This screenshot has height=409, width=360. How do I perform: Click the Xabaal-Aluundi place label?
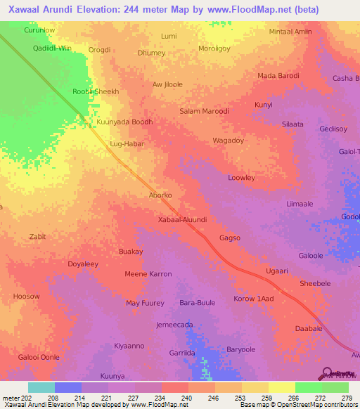click(x=182, y=219)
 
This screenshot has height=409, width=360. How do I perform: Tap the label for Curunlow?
click(x=39, y=31)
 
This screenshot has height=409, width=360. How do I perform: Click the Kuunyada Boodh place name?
click(x=124, y=122)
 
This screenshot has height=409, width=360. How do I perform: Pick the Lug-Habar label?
click(x=127, y=143)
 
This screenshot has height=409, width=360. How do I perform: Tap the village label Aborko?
click(x=160, y=195)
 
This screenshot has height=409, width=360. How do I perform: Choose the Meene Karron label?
click(x=148, y=273)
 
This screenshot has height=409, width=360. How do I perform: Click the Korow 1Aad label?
click(x=253, y=299)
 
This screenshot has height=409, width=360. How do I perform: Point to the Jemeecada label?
click(x=174, y=325)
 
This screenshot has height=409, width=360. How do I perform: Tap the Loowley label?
click(x=241, y=178)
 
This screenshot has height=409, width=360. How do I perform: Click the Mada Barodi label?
click(x=278, y=76)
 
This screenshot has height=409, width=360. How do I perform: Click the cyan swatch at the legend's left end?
click(x=41, y=387)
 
